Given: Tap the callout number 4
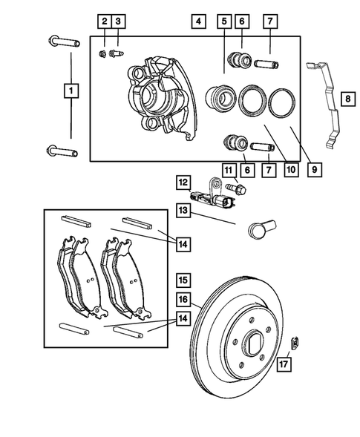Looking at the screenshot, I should [x=197, y=22].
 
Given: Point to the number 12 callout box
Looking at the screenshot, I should [x=183, y=181].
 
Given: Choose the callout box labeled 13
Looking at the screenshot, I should [x=183, y=211].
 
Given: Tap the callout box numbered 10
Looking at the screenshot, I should [x=290, y=170].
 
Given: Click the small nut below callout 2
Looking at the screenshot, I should [x=103, y=53].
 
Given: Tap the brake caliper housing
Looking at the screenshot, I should [x=160, y=93].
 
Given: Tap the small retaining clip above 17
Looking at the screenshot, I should [x=295, y=341].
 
